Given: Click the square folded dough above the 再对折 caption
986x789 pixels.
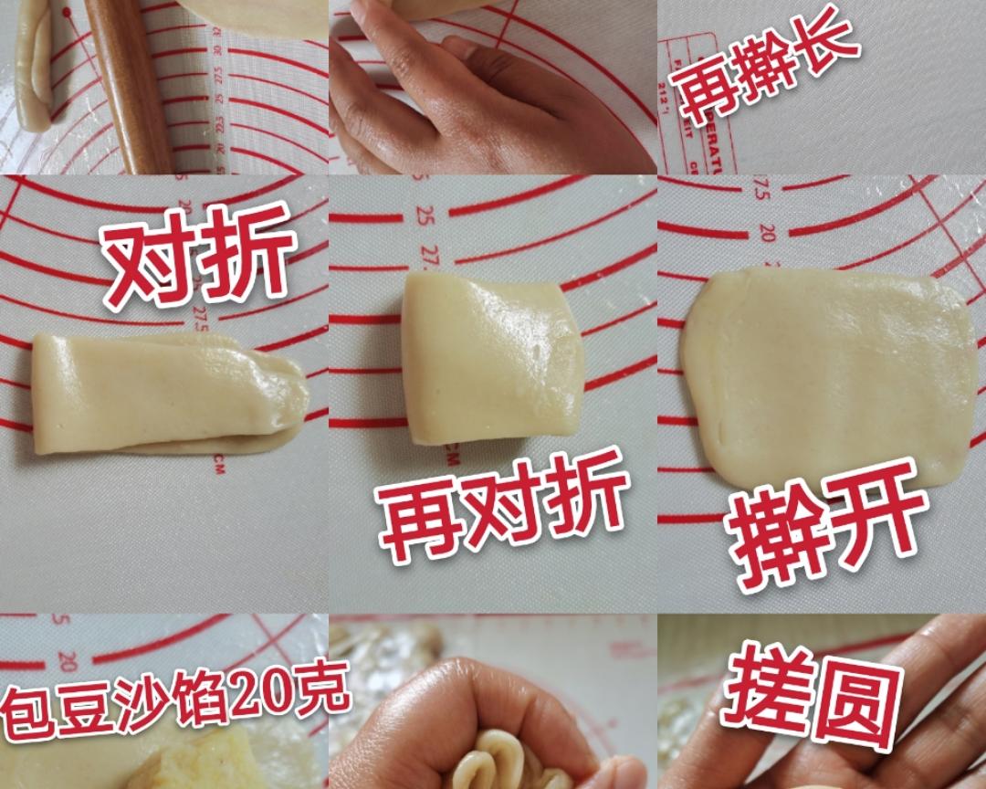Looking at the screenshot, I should (x=491, y=358).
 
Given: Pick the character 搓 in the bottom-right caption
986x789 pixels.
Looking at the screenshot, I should (x=762, y=694).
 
